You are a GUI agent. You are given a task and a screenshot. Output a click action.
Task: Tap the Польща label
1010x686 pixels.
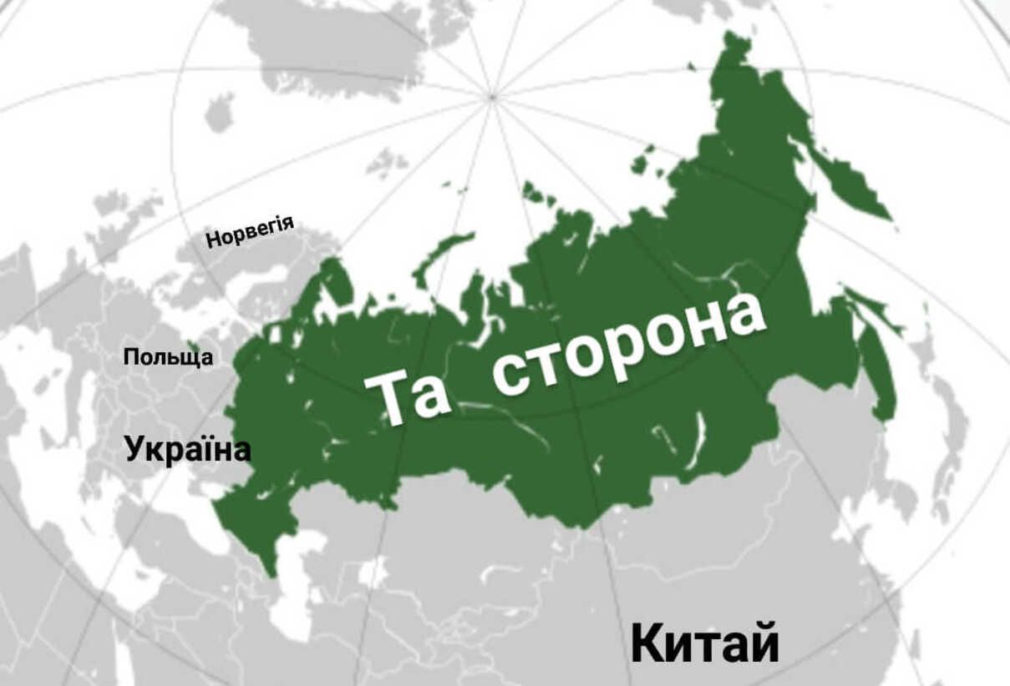pos(168,358)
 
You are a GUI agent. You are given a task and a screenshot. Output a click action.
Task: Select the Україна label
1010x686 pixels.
pos(188,449)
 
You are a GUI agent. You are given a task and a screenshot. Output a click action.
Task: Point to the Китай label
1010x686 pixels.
pos(704,643)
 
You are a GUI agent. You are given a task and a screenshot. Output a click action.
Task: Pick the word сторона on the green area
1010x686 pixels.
pos(628,342)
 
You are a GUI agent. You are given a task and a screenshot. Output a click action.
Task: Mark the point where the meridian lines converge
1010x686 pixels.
pos(493,98)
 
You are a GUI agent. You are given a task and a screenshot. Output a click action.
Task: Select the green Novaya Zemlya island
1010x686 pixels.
pos(443,250)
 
